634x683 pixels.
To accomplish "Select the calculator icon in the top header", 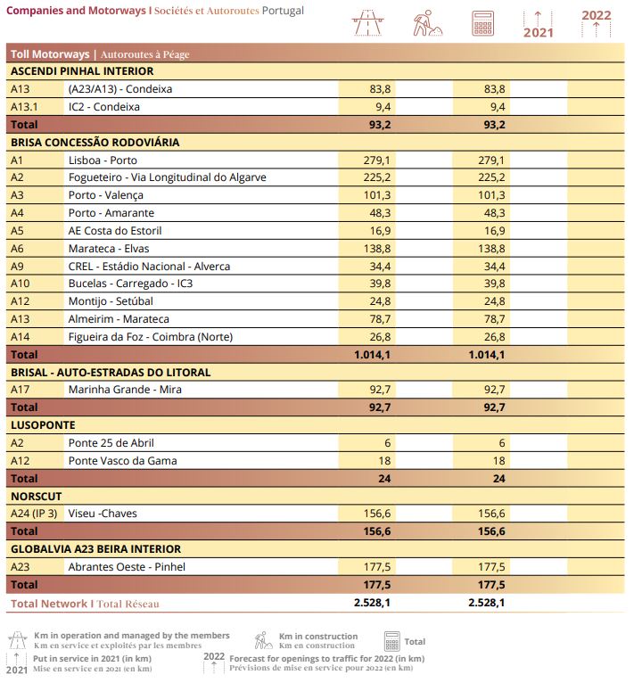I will pos(482,23).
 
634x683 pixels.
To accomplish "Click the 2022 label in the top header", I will pos(596,15).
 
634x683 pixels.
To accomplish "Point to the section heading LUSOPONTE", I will pos(43,425).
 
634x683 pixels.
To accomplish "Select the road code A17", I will pos(21,390).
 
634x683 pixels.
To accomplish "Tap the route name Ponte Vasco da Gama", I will pos(122,461).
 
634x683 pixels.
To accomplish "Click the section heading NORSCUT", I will pos(37,496).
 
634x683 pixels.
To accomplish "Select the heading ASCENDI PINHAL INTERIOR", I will pos(82,71).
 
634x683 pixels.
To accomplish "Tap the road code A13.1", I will pos(25,107).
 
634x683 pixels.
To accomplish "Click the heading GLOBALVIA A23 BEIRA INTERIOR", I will pos(95,549).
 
